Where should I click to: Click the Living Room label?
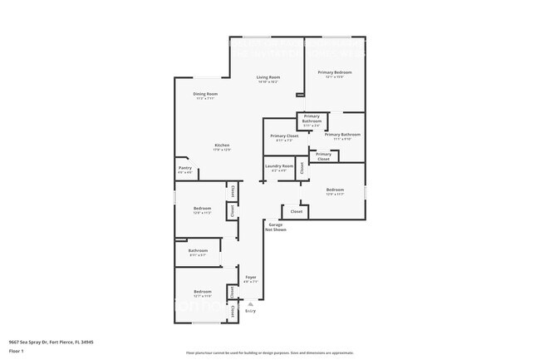(x=268, y=77)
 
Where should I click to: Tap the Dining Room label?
(x=205, y=94)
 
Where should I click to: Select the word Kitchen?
(x=222, y=145)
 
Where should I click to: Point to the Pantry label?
(x=185, y=168)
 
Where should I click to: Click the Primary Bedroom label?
(x=335, y=72)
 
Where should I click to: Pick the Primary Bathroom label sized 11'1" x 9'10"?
(x=342, y=134)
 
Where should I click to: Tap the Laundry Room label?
(x=279, y=166)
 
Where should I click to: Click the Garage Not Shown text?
(x=276, y=227)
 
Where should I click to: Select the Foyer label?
(x=250, y=278)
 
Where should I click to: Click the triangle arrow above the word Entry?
(x=250, y=304)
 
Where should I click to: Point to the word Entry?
(x=250, y=311)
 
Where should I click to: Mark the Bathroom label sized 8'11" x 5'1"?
(x=198, y=250)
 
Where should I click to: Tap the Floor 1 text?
(x=17, y=350)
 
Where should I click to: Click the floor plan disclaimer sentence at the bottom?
(x=270, y=353)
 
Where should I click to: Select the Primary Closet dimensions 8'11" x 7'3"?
(x=284, y=141)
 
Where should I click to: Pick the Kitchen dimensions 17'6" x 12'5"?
(x=222, y=150)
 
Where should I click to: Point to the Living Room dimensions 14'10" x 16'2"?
(x=268, y=82)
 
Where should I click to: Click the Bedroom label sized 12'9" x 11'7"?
(x=335, y=190)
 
